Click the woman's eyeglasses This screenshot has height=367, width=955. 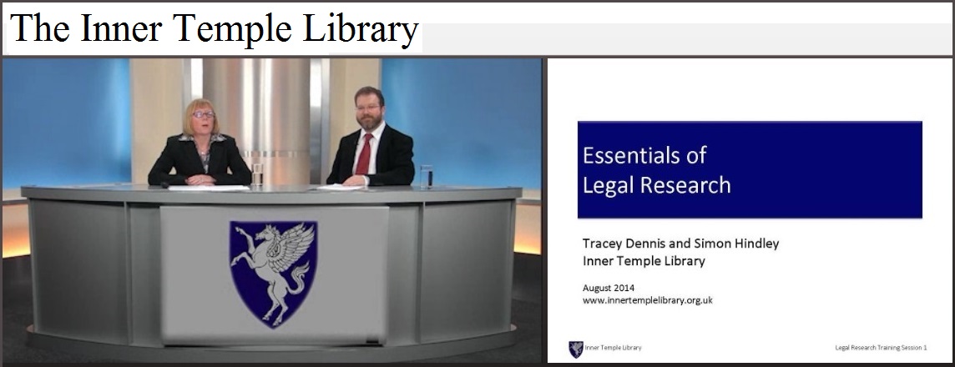(204, 114)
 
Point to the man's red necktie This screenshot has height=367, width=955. (364, 154)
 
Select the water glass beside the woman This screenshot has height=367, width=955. (258, 174)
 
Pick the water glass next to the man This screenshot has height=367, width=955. (427, 177)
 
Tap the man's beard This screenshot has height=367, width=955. (371, 121)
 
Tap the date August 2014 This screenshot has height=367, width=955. (609, 289)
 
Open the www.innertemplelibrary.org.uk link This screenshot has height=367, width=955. (648, 300)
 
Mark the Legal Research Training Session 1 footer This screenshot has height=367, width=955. (881, 348)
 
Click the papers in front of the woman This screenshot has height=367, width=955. (209, 188)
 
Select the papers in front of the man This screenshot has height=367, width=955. (341, 188)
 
